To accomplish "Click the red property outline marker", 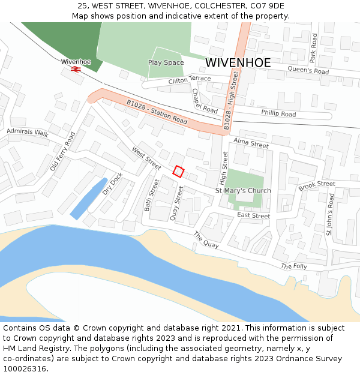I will [178, 171].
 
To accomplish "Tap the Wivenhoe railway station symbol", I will [76, 70].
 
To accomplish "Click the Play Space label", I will [166, 62].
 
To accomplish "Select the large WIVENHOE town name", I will [238, 62].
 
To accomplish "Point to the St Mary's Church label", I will [243, 191].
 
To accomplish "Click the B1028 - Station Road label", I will [157, 112].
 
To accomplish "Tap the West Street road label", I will [146, 158].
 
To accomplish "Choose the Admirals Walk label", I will [28, 133].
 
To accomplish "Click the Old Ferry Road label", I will [62, 151].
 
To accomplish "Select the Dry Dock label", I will [112, 184].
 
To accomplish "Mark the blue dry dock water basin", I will [88, 199].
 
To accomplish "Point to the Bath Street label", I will [151, 195].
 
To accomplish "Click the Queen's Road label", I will [308, 71].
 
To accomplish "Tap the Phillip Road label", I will [278, 113].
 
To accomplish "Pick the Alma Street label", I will [251, 143].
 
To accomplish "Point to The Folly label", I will [293, 266].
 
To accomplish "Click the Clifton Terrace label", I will [190, 80].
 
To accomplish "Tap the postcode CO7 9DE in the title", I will [265, 6].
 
